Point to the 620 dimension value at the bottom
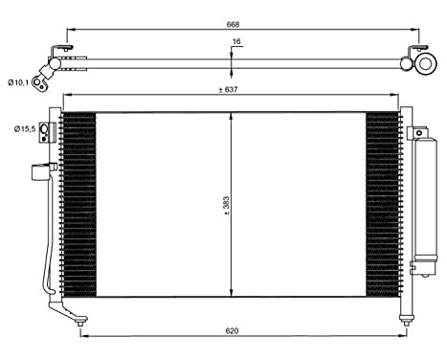231,332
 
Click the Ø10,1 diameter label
20,83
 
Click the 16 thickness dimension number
235,43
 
